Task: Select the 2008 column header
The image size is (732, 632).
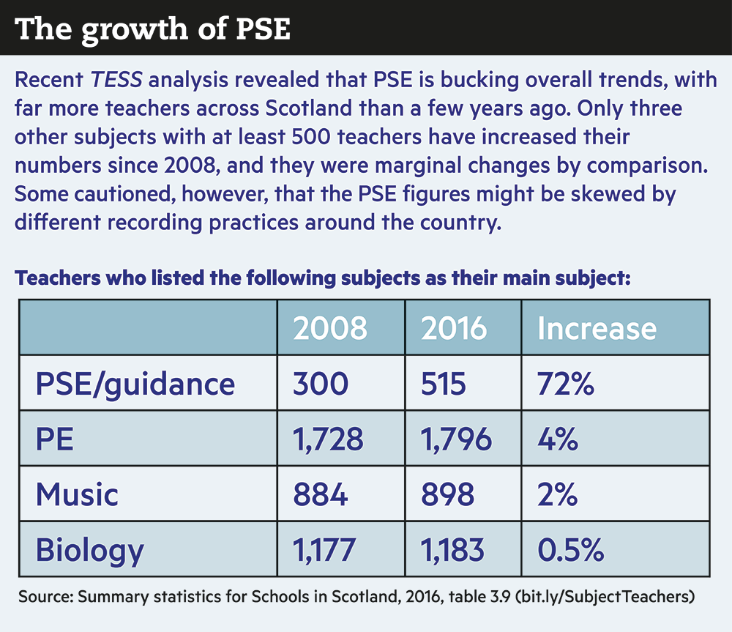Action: [330, 328]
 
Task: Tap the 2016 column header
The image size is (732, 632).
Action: [454, 328]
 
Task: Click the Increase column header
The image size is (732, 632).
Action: [597, 328]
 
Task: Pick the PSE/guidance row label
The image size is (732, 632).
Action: [135, 383]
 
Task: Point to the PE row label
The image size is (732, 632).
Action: [55, 439]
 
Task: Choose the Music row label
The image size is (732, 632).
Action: [77, 494]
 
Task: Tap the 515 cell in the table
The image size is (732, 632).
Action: [444, 383]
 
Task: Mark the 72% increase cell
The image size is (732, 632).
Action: [565, 383]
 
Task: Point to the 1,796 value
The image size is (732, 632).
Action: [456, 439]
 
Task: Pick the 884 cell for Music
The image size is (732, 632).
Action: [321, 494]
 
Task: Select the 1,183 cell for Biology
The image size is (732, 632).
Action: [452, 549]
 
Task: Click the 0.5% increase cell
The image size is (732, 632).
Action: [571, 549]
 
